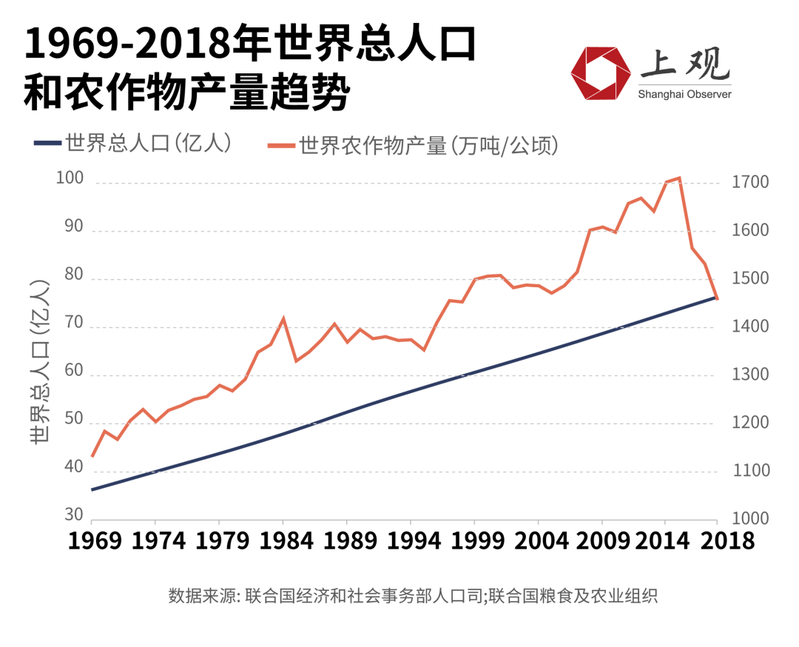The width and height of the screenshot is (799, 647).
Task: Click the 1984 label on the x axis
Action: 283,540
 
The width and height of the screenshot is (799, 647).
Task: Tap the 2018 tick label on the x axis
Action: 717,540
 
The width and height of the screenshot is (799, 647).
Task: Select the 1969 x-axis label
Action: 92,540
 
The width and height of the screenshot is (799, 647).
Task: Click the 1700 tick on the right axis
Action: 749,181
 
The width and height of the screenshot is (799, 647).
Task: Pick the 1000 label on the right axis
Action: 749,518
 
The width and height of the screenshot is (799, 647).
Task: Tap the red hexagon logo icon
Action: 599,73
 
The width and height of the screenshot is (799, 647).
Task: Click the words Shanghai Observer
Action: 684,94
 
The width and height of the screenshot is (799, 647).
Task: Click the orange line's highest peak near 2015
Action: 679,178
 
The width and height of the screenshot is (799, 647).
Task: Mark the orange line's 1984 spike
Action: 283,318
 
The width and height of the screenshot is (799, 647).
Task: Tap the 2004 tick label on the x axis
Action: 538,540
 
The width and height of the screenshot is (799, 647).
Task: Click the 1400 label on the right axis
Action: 749,326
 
